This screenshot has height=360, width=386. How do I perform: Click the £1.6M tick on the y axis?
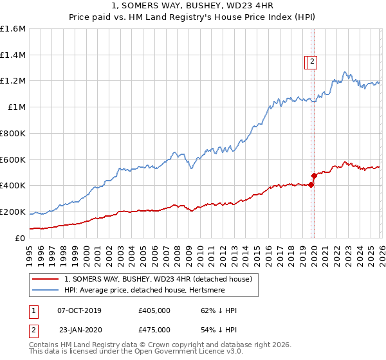13,29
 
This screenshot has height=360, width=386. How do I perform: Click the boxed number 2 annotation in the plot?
312,62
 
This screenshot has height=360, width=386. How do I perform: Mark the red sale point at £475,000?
314,175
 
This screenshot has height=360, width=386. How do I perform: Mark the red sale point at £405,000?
311,185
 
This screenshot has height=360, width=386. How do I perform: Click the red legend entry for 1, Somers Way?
161,279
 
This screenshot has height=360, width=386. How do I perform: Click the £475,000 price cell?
154,330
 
